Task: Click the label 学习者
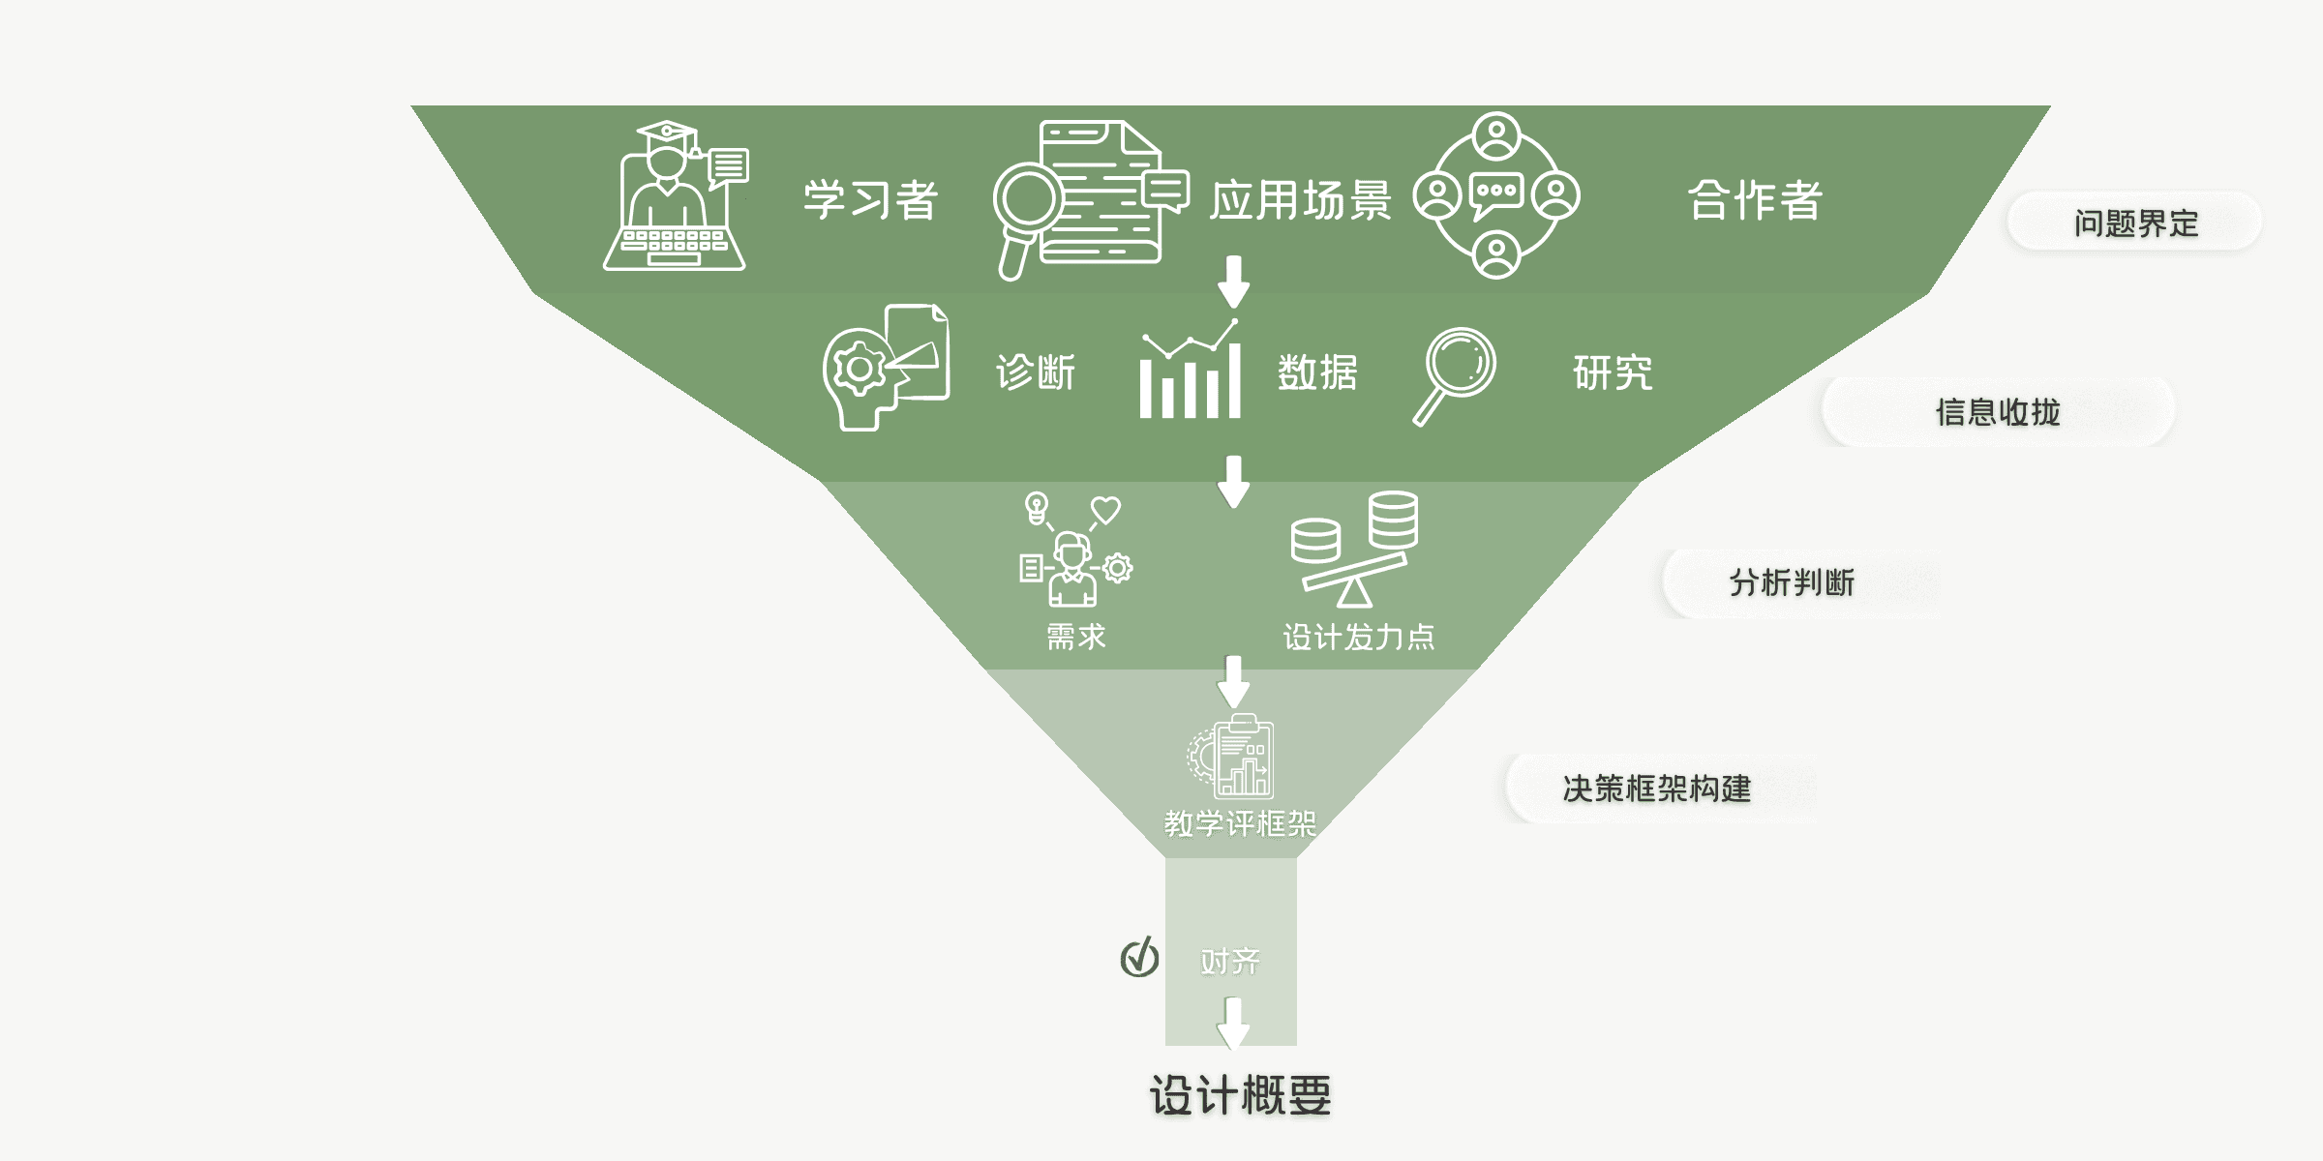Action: pos(870,200)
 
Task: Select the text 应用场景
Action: pos(1300,200)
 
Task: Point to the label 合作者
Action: pos(1755,200)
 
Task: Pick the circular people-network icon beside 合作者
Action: pos(1496,195)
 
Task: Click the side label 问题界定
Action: pos(2135,223)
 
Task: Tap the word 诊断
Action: pos(1036,372)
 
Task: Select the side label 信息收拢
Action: pos(1998,412)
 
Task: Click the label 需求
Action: pos(1075,637)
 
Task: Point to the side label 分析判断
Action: pos(1792,582)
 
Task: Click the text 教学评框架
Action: pos(1240,823)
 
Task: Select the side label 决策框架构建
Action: pos(1656,789)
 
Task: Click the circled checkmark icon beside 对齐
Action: pos(1139,958)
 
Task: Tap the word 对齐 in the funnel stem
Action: pos(1229,961)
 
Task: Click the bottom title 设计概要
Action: pos(1240,1095)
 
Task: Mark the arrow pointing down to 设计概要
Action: pos(1233,1024)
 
